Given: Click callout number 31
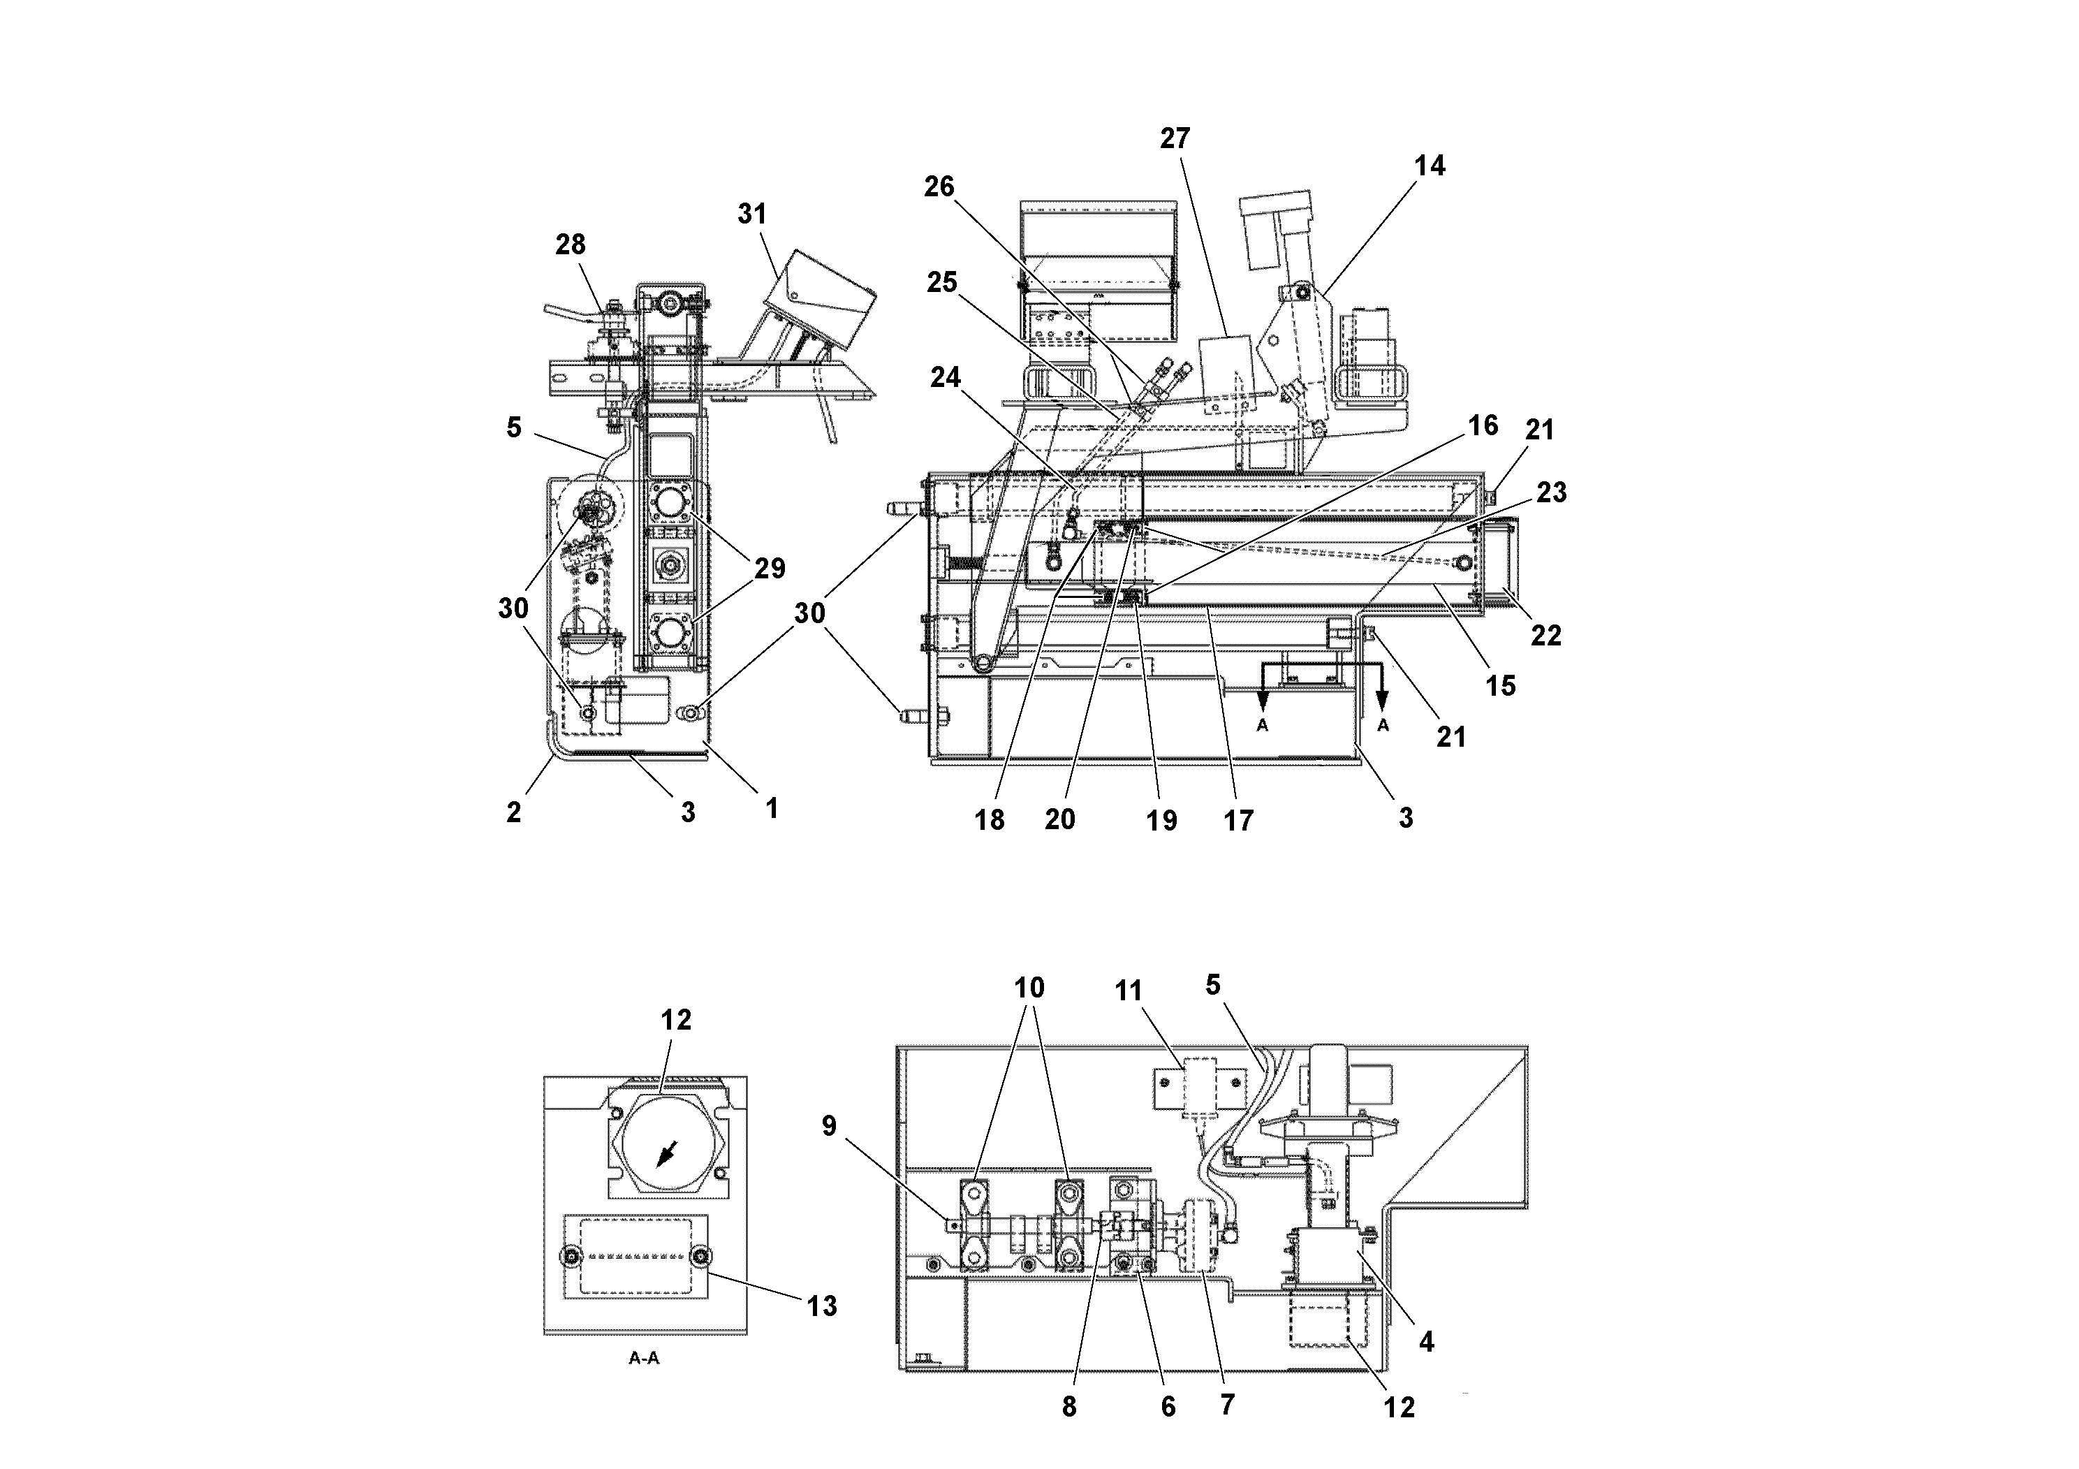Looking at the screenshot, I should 751,214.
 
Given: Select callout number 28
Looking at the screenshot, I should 571,244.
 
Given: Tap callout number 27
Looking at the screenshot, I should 1175,138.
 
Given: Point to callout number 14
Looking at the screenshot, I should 1430,166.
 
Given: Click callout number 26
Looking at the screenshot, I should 939,186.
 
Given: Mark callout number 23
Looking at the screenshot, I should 1551,492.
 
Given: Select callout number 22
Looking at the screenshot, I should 1545,636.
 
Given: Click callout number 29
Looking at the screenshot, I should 770,569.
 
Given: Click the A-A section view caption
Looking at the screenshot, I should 644,1359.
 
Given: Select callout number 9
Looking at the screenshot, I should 830,1126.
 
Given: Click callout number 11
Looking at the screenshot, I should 1129,992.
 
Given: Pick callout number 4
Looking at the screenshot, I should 1426,1342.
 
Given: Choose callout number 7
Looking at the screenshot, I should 1227,1405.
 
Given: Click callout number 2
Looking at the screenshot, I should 513,812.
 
